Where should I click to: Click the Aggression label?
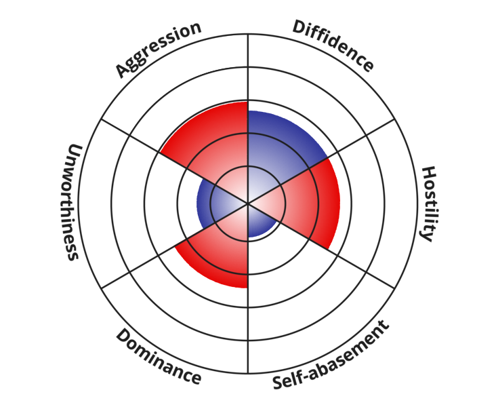pos(159,49)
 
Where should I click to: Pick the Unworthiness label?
pos(72,201)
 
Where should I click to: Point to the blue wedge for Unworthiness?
pos(207,203)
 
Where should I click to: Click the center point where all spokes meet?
pos(248,203)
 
